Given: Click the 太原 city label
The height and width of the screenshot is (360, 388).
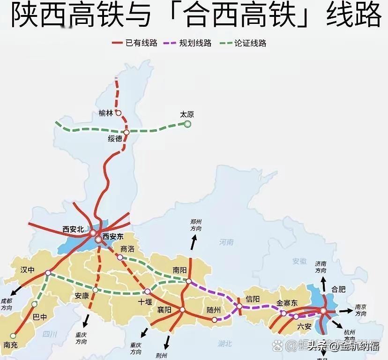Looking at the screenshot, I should (x=187, y=114).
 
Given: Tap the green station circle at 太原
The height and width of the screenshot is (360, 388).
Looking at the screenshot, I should (x=187, y=124).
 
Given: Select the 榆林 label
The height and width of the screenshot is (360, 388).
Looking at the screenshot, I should (x=105, y=113).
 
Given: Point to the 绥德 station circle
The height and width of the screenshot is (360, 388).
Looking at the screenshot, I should (x=126, y=132).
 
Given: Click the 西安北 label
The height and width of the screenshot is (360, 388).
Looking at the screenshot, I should (x=73, y=229).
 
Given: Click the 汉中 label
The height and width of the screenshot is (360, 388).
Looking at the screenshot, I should (x=28, y=270).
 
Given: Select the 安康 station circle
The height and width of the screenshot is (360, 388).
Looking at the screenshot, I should (x=95, y=290).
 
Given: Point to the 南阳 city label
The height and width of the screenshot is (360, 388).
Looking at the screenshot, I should (x=179, y=270).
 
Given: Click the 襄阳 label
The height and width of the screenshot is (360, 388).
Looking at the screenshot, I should (x=164, y=310).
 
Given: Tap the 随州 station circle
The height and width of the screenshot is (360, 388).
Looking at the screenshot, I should (x=214, y=320).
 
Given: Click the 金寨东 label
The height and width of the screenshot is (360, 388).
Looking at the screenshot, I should (x=287, y=303).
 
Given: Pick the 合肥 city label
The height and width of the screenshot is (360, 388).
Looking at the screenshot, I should (x=338, y=289).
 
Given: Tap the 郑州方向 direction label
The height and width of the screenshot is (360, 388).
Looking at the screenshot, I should (x=196, y=225).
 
